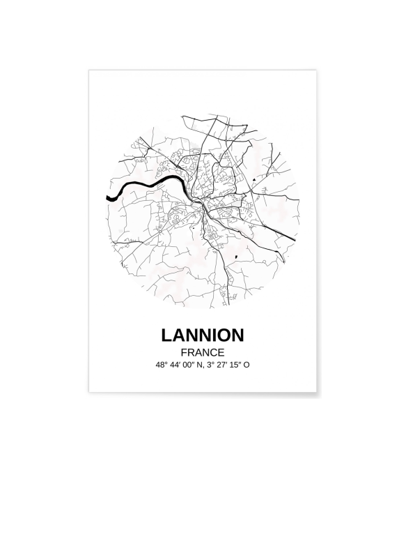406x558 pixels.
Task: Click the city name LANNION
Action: coord(203,335)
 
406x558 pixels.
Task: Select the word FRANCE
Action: coord(202,352)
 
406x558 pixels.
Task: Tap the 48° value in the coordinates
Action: coord(163,365)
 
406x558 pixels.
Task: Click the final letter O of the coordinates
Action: coord(247,365)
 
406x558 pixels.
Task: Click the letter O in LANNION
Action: coord(224,335)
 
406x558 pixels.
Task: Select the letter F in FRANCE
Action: coord(183,352)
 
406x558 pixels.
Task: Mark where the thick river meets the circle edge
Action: coord(107,198)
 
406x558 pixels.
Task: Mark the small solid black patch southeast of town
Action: coord(237,257)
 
